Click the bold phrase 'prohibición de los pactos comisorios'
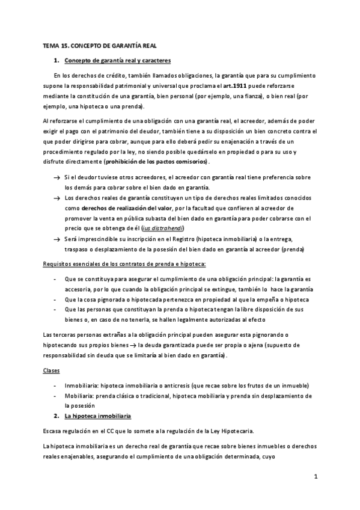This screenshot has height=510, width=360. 156,162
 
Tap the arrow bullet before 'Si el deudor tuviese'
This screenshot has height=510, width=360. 56,177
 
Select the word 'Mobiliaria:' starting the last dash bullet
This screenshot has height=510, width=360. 81,396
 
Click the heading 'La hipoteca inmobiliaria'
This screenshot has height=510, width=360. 97,416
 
